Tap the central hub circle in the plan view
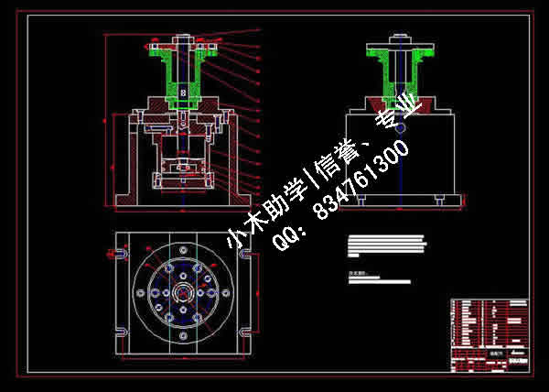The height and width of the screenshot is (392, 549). (183, 293)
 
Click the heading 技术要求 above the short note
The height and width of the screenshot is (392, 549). (357, 272)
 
